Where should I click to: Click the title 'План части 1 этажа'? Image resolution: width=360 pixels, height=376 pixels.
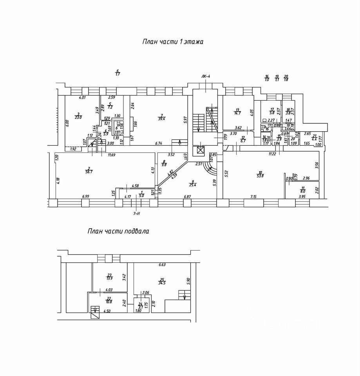pyautogui.click(x=173, y=42)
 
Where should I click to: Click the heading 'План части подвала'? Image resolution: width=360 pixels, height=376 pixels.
pyautogui.click(x=118, y=231)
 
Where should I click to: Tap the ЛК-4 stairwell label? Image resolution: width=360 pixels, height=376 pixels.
pyautogui.click(x=206, y=76)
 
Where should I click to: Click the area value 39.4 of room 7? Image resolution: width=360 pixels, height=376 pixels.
pyautogui.click(x=161, y=119)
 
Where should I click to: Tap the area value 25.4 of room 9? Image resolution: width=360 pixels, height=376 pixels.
pyautogui.click(x=193, y=184)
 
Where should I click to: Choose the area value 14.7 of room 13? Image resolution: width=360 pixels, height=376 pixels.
pyautogui.click(x=237, y=113)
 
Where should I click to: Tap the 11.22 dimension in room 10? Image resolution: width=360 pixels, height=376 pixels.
pyautogui.click(x=273, y=154)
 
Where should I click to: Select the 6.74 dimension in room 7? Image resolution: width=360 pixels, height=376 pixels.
pyautogui.click(x=159, y=143)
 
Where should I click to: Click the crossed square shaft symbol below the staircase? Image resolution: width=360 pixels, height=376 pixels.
pyautogui.click(x=201, y=150)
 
